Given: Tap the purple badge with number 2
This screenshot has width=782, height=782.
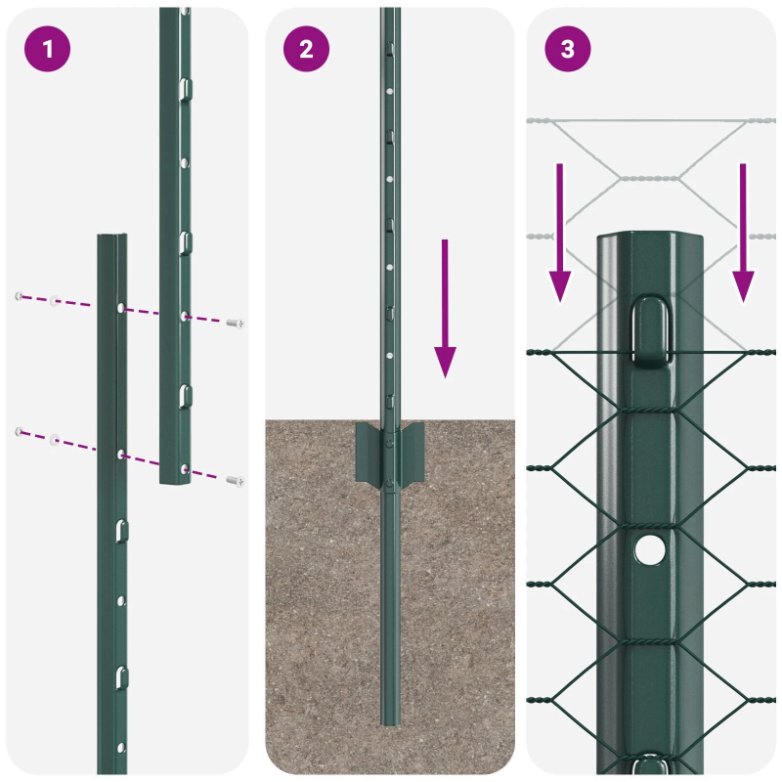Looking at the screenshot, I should pyautogui.click(x=307, y=49).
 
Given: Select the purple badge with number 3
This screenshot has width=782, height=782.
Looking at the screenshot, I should pyautogui.click(x=568, y=49).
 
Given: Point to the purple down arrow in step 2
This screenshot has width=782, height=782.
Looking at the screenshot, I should pyautogui.click(x=446, y=308).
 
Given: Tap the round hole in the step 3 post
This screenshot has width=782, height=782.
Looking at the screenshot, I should pyautogui.click(x=647, y=549).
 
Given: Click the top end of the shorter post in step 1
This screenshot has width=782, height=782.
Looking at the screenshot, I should pyautogui.click(x=111, y=239).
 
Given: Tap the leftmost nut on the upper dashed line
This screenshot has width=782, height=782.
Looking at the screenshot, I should pyautogui.click(x=19, y=296).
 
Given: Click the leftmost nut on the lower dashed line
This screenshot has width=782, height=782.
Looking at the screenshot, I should pyautogui.click(x=19, y=430).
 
